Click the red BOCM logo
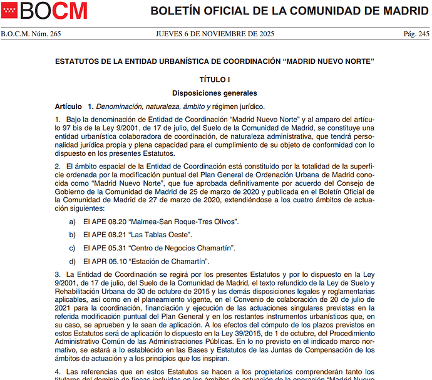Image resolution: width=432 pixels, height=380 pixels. [44, 10]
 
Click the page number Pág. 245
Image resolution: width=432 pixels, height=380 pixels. [416, 34]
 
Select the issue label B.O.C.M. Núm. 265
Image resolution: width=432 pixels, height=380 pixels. [31, 34]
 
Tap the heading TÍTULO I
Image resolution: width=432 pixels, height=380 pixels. [215, 80]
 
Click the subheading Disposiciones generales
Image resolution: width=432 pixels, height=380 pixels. [215, 93]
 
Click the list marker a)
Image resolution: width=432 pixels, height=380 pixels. [73, 222]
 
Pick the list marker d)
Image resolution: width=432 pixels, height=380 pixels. [73, 261]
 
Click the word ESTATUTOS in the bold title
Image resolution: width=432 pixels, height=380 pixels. [81, 61]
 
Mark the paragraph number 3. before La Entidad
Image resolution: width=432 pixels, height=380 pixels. [58, 274]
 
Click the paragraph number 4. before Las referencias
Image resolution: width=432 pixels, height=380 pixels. [58, 372]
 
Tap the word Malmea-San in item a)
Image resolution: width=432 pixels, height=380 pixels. [151, 222]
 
